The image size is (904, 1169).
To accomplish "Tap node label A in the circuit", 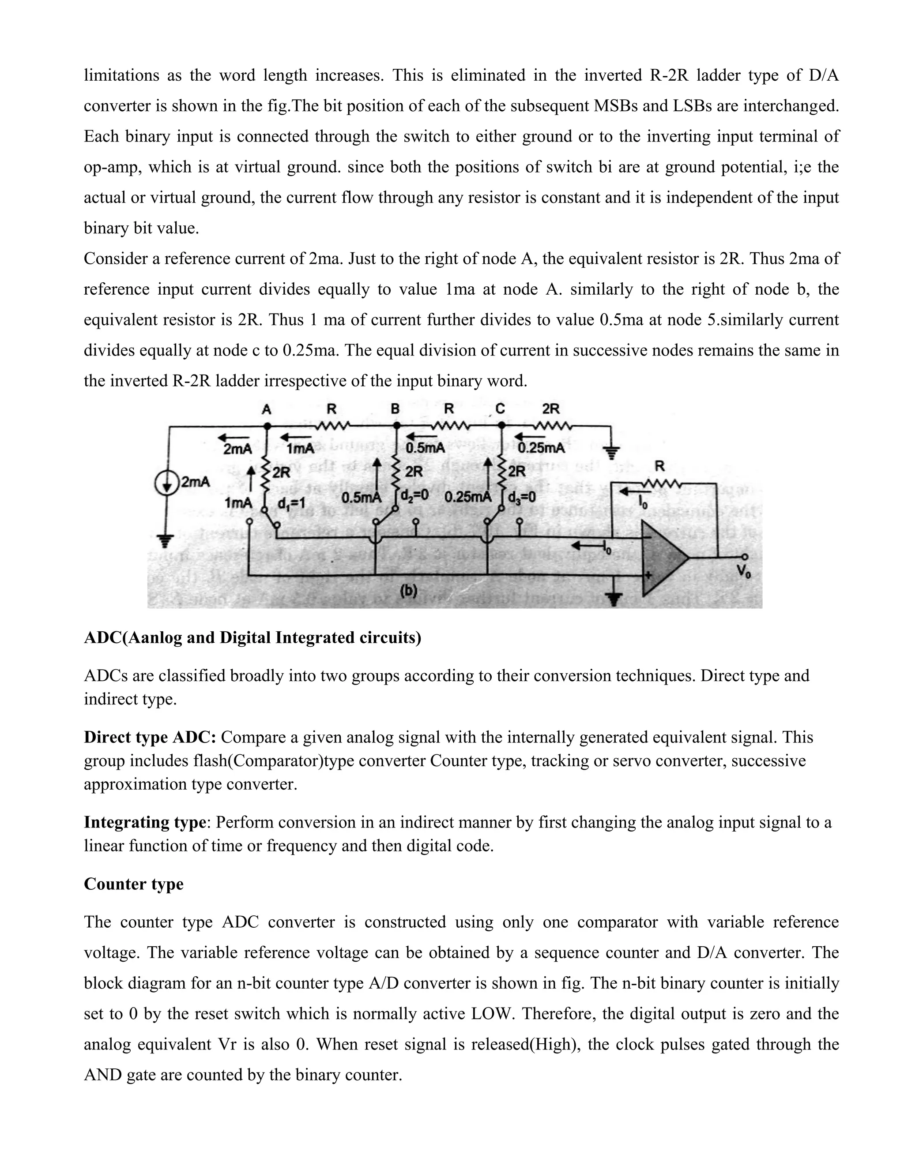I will point(266,409).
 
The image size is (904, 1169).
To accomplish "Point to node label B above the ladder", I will point(395,409).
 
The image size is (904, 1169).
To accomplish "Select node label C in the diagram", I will point(500,409).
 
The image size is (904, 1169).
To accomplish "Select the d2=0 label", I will point(414,496).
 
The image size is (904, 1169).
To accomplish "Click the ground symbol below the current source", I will point(166,542).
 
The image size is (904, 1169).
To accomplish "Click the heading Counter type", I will point(133,884).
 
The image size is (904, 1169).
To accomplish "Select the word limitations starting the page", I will point(121,75).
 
